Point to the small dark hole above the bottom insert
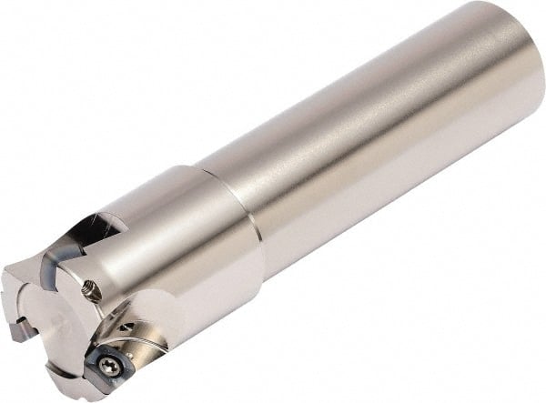[x=129, y=327]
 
